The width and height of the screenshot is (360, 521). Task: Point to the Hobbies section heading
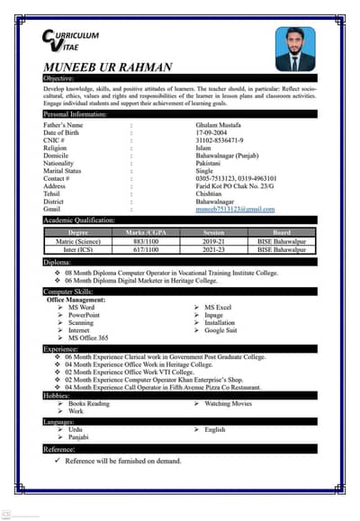[57, 394]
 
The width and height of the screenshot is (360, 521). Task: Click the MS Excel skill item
[218, 308]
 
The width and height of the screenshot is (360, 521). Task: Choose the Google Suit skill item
[221, 330]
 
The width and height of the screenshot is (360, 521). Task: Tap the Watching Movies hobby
[229, 403]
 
